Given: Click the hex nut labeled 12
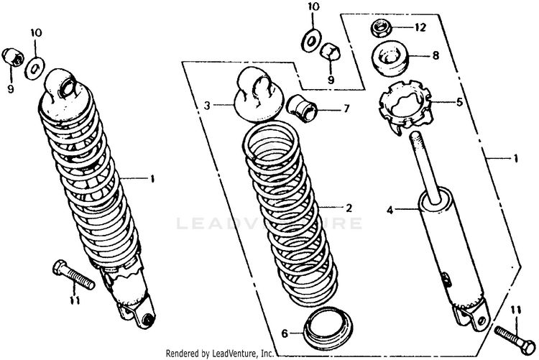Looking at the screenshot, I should coord(380,29).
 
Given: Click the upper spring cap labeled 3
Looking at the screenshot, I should coord(257,96).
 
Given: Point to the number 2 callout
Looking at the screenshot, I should coord(349,208).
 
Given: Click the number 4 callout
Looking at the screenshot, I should coord(390,211).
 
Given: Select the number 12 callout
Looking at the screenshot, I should coord(420,28).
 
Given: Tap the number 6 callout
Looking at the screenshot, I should coord(284,333).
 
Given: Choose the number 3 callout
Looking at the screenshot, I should coord(206,105).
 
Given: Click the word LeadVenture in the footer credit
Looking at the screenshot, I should coord(234,354).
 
